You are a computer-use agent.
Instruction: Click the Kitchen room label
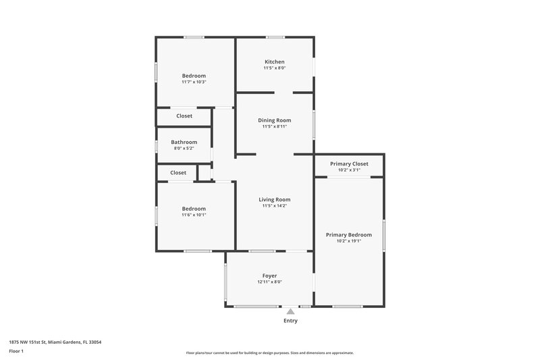[274, 62]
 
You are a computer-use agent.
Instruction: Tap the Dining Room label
[274, 120]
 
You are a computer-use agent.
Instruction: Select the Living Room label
[275, 199]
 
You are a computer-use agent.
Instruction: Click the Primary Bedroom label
[349, 234]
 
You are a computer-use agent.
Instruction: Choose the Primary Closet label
[349, 163]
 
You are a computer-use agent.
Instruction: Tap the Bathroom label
[184, 142]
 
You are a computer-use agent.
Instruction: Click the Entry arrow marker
[290, 311]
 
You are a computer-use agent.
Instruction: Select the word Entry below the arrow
[290, 321]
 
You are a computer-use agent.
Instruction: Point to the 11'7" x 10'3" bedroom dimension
[194, 82]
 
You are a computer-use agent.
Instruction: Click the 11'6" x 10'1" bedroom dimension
[194, 215]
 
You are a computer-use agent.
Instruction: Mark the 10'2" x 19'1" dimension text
[349, 241]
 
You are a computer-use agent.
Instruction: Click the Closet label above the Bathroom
[184, 116]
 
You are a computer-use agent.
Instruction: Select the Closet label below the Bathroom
[178, 173]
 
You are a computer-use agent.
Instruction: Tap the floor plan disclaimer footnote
[270, 353]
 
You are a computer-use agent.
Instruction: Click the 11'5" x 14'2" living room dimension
[275, 206]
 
